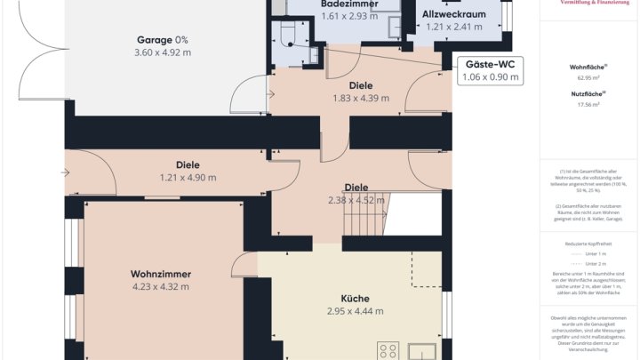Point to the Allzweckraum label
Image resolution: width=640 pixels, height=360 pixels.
tap(452, 15)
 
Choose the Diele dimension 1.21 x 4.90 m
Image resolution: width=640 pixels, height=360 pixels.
tap(188, 178)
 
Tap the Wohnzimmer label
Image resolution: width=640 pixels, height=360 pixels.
tap(160, 273)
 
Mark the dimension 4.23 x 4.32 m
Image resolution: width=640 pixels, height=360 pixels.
tap(160, 286)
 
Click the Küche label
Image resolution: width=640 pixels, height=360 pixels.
tap(355, 299)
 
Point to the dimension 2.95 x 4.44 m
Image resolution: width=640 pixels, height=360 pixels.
tap(355, 311)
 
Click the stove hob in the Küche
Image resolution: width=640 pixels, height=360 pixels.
tap(388, 350)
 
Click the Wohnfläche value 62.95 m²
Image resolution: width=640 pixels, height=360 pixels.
tap(587, 78)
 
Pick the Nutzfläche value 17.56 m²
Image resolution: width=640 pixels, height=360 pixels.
tap(587, 104)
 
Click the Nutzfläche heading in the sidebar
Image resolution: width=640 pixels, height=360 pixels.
tap(587, 92)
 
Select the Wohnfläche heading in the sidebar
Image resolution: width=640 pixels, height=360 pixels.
tap(587, 67)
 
